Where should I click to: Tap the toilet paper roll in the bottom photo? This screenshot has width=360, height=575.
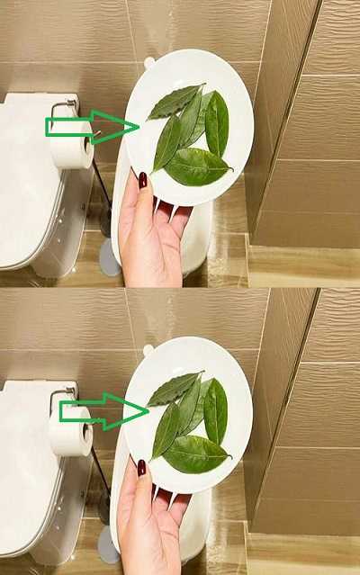70,432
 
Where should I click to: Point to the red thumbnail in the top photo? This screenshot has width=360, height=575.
142,180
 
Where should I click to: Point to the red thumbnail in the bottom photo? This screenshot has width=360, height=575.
141,467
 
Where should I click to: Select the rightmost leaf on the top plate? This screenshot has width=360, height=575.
217,124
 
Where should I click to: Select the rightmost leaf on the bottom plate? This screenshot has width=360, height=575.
215,411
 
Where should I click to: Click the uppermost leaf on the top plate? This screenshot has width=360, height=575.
175,103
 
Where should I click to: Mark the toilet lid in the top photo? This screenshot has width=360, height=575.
27,180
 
